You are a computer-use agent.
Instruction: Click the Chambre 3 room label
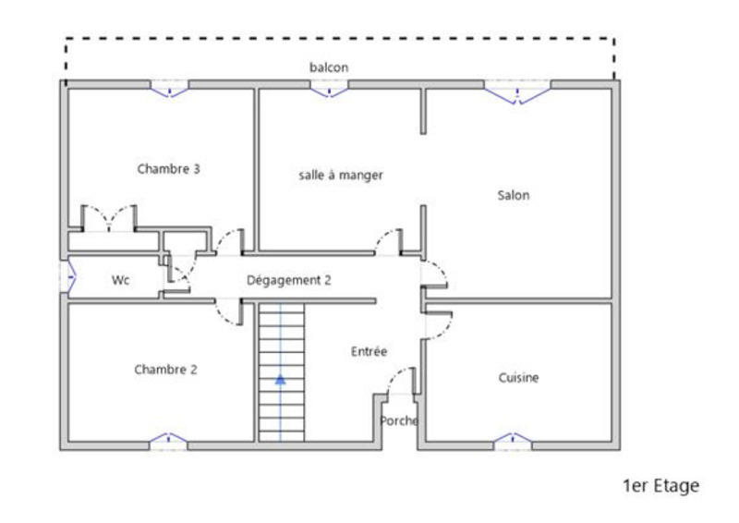169,169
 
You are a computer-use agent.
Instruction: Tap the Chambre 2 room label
165,370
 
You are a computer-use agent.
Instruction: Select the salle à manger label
340,175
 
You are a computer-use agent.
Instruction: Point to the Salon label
514,195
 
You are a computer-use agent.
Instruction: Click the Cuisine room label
518,378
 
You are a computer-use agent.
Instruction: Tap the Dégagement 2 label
288,281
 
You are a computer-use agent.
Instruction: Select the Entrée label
369,352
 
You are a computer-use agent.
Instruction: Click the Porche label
399,420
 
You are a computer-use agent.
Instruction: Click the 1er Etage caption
662,485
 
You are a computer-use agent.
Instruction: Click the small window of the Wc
67,277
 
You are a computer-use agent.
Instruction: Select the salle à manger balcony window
329,89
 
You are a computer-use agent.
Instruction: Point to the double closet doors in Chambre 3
110,218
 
